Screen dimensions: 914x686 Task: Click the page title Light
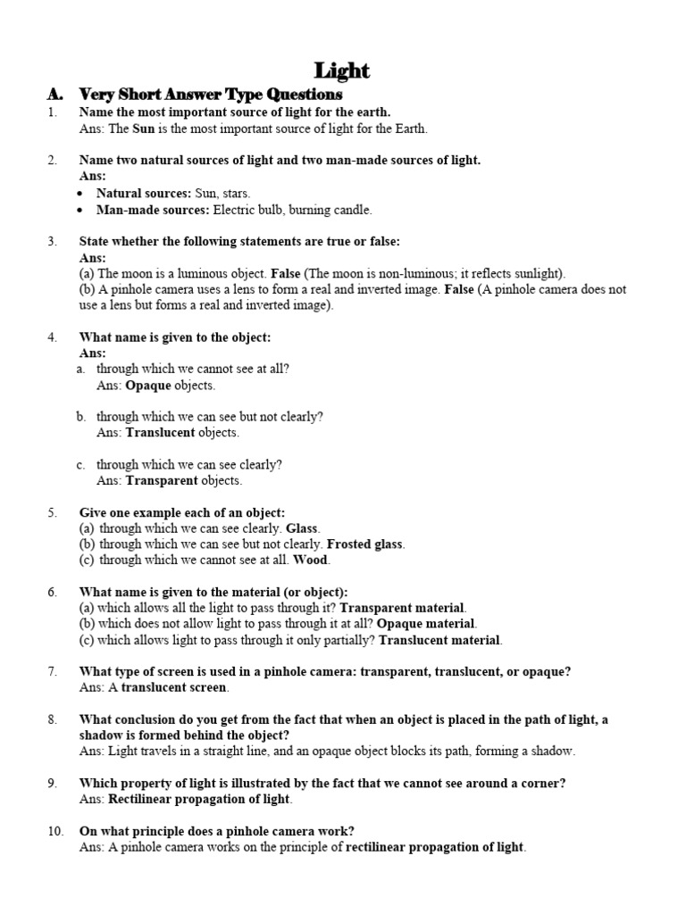[x=342, y=71]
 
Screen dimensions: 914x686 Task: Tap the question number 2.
[x=53, y=161]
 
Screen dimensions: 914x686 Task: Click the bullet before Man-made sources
[x=82, y=211]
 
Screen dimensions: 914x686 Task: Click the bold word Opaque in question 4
[x=147, y=386]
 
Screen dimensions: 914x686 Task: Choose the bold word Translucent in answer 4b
[x=161, y=433]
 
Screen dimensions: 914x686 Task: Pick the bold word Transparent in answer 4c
[x=162, y=480]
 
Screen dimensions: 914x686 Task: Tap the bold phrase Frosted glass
[x=365, y=544]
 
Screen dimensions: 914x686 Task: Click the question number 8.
[x=53, y=719]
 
